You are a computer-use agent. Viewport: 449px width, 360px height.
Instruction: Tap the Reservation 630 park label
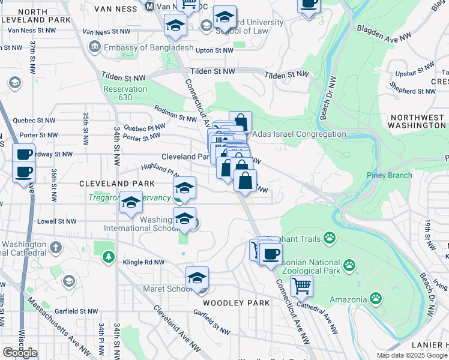pyautogui.click(x=125, y=93)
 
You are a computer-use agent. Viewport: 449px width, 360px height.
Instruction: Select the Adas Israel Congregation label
pyautogui.click(x=300, y=134)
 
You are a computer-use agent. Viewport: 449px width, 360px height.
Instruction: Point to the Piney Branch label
pyautogui.click(x=389, y=175)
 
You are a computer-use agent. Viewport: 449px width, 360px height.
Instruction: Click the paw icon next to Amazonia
pyautogui.click(x=375, y=297)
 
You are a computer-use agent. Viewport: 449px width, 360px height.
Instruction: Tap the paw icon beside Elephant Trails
pyautogui.click(x=330, y=238)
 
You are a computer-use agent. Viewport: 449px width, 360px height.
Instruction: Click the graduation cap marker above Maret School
pyautogui.click(x=197, y=278)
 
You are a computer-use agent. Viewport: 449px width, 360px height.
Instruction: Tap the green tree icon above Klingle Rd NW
pyautogui.click(x=108, y=257)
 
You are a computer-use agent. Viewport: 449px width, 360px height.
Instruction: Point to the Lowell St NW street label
pyautogui.click(x=56, y=221)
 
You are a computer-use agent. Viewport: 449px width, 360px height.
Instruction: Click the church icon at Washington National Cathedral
pyautogui.click(x=55, y=247)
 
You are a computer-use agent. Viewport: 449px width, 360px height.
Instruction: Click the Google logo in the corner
pyautogui.click(x=20, y=352)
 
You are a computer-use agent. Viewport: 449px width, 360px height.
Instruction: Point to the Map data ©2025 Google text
pyautogui.click(x=411, y=355)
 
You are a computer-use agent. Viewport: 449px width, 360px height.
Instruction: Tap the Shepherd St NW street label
pyautogui.click(x=412, y=91)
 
